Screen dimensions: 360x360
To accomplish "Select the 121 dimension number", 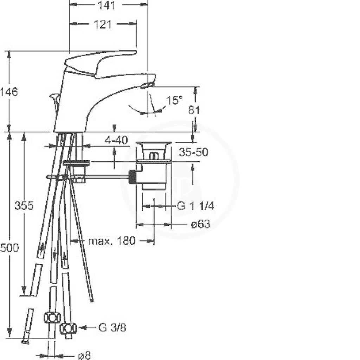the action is click(x=103, y=24).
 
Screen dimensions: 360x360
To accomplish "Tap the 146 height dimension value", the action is click(x=9, y=92).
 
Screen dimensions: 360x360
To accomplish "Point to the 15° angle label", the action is click(x=174, y=100).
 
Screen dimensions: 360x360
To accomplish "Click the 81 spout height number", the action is click(x=194, y=110).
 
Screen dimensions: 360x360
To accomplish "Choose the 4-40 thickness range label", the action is click(x=116, y=140).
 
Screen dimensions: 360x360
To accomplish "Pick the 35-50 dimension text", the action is click(x=193, y=152).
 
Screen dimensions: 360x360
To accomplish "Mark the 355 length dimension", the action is click(x=24, y=205).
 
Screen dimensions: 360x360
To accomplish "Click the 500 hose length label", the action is click(x=9, y=248).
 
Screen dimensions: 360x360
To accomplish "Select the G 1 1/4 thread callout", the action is click(x=195, y=206).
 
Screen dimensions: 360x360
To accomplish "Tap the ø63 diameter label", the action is click(x=200, y=224).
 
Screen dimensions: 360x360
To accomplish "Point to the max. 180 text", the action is click(x=111, y=241).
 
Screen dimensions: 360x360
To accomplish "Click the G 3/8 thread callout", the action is click(x=112, y=327).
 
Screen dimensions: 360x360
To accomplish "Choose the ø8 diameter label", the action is click(x=84, y=356).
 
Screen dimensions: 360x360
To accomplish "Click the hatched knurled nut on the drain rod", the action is click(x=132, y=177).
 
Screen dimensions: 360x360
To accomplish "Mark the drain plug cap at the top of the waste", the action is click(x=154, y=143).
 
